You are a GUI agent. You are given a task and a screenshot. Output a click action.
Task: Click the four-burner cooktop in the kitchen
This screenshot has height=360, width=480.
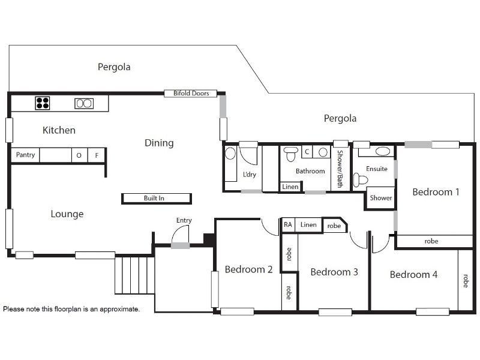[x=42, y=103]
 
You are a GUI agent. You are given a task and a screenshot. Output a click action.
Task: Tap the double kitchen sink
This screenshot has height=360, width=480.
[x=84, y=103]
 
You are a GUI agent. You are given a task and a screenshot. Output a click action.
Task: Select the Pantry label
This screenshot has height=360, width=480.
[x=25, y=155]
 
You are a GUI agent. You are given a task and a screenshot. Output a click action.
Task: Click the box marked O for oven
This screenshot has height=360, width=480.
[x=79, y=155]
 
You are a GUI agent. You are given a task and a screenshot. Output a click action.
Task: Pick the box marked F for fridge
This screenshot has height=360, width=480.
[x=97, y=155]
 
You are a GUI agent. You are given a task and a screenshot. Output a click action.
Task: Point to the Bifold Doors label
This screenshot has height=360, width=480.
[x=191, y=93]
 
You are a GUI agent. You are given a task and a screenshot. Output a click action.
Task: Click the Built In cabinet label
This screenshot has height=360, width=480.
[x=154, y=198]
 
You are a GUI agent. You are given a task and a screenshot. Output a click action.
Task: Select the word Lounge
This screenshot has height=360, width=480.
[x=67, y=214]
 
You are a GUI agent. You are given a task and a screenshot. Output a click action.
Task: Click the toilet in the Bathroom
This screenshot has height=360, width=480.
[x=290, y=154]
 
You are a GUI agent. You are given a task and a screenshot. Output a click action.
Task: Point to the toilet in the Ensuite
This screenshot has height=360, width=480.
[x=360, y=179]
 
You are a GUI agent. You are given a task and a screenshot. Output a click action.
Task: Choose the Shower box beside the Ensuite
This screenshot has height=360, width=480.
[x=380, y=198]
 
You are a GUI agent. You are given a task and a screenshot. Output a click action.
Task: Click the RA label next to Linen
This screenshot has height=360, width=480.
[x=288, y=224]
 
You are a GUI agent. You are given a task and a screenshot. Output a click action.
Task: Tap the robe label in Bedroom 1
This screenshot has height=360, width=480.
[x=431, y=241]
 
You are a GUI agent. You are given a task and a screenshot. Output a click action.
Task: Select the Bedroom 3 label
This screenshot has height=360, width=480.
[x=334, y=272]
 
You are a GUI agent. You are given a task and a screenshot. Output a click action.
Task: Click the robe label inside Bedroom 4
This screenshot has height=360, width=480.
[x=466, y=281]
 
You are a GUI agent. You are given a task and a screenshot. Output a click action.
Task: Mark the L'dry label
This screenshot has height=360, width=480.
[x=249, y=175]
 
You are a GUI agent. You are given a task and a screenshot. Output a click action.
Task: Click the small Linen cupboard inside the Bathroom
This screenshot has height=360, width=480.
[x=290, y=187]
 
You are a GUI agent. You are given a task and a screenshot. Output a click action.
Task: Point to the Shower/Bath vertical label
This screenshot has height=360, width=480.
[x=340, y=169]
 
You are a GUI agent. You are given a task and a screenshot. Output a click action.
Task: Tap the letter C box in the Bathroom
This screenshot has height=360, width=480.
[x=307, y=152]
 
